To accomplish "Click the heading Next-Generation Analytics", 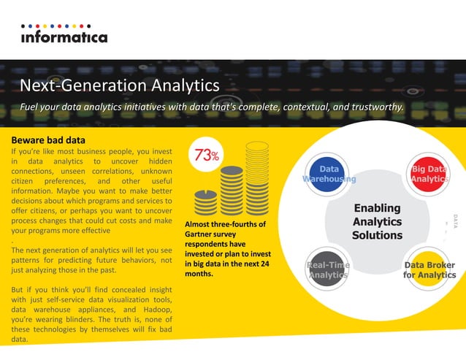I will coord(120,85).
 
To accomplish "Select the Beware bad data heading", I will coord(49,139).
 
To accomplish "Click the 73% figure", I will coord(208,156).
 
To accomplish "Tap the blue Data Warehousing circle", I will coord(329,174).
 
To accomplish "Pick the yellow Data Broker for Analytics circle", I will coord(429,269).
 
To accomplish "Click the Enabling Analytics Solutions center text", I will coord(377,222).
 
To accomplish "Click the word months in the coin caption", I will coord(199,274).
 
